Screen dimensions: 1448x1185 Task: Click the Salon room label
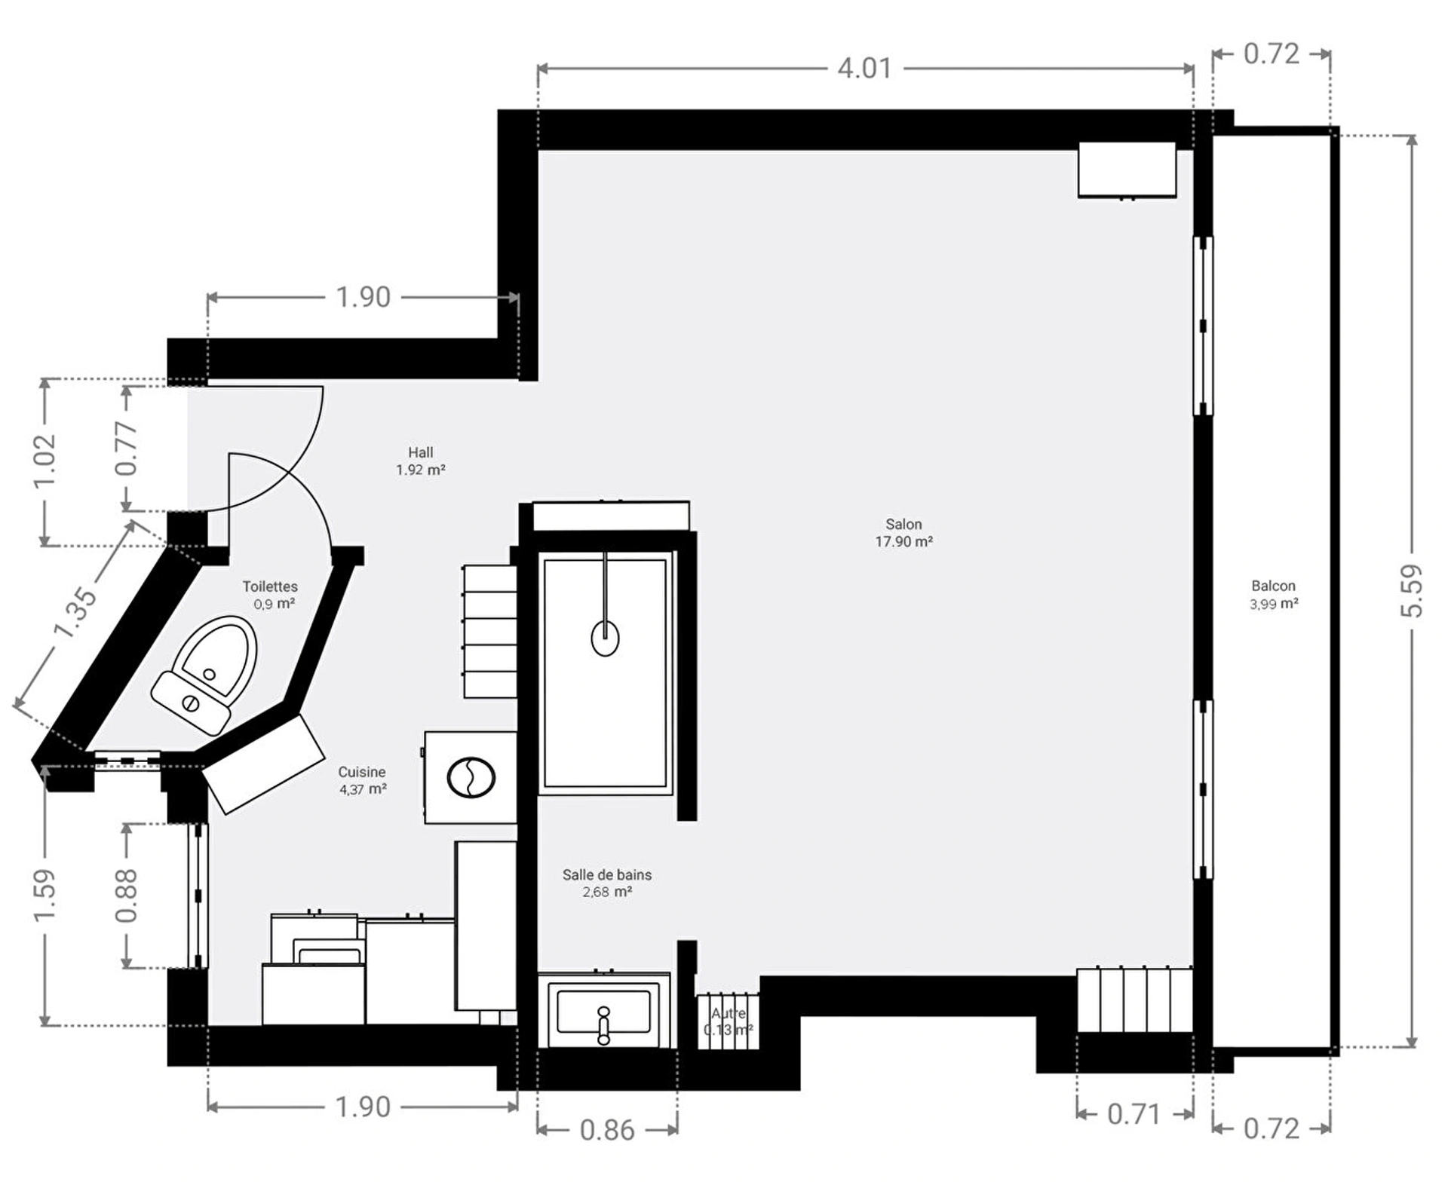point(903,524)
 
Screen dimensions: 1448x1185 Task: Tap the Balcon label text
point(1273,586)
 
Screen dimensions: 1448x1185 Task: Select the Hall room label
point(420,452)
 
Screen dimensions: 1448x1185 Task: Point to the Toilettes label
point(270,586)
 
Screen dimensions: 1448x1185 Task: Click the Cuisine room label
point(361,772)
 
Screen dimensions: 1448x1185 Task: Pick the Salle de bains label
point(606,874)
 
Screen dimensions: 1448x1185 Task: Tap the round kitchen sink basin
point(471,777)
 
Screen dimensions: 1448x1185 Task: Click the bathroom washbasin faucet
point(603,1025)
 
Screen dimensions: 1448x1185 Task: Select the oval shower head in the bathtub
point(605,638)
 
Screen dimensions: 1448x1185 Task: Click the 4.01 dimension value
point(865,69)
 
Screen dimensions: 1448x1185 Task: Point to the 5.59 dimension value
point(1412,591)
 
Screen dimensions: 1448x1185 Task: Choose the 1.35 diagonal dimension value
point(75,612)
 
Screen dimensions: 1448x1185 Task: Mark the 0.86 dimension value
point(607,1130)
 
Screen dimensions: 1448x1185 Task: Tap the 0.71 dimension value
point(1134,1114)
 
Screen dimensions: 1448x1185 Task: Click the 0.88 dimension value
point(127,896)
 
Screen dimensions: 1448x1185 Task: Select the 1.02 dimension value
point(45,461)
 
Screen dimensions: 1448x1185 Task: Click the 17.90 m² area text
point(903,541)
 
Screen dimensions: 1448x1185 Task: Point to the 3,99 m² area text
point(1274,604)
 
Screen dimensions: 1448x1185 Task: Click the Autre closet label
point(729,1014)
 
